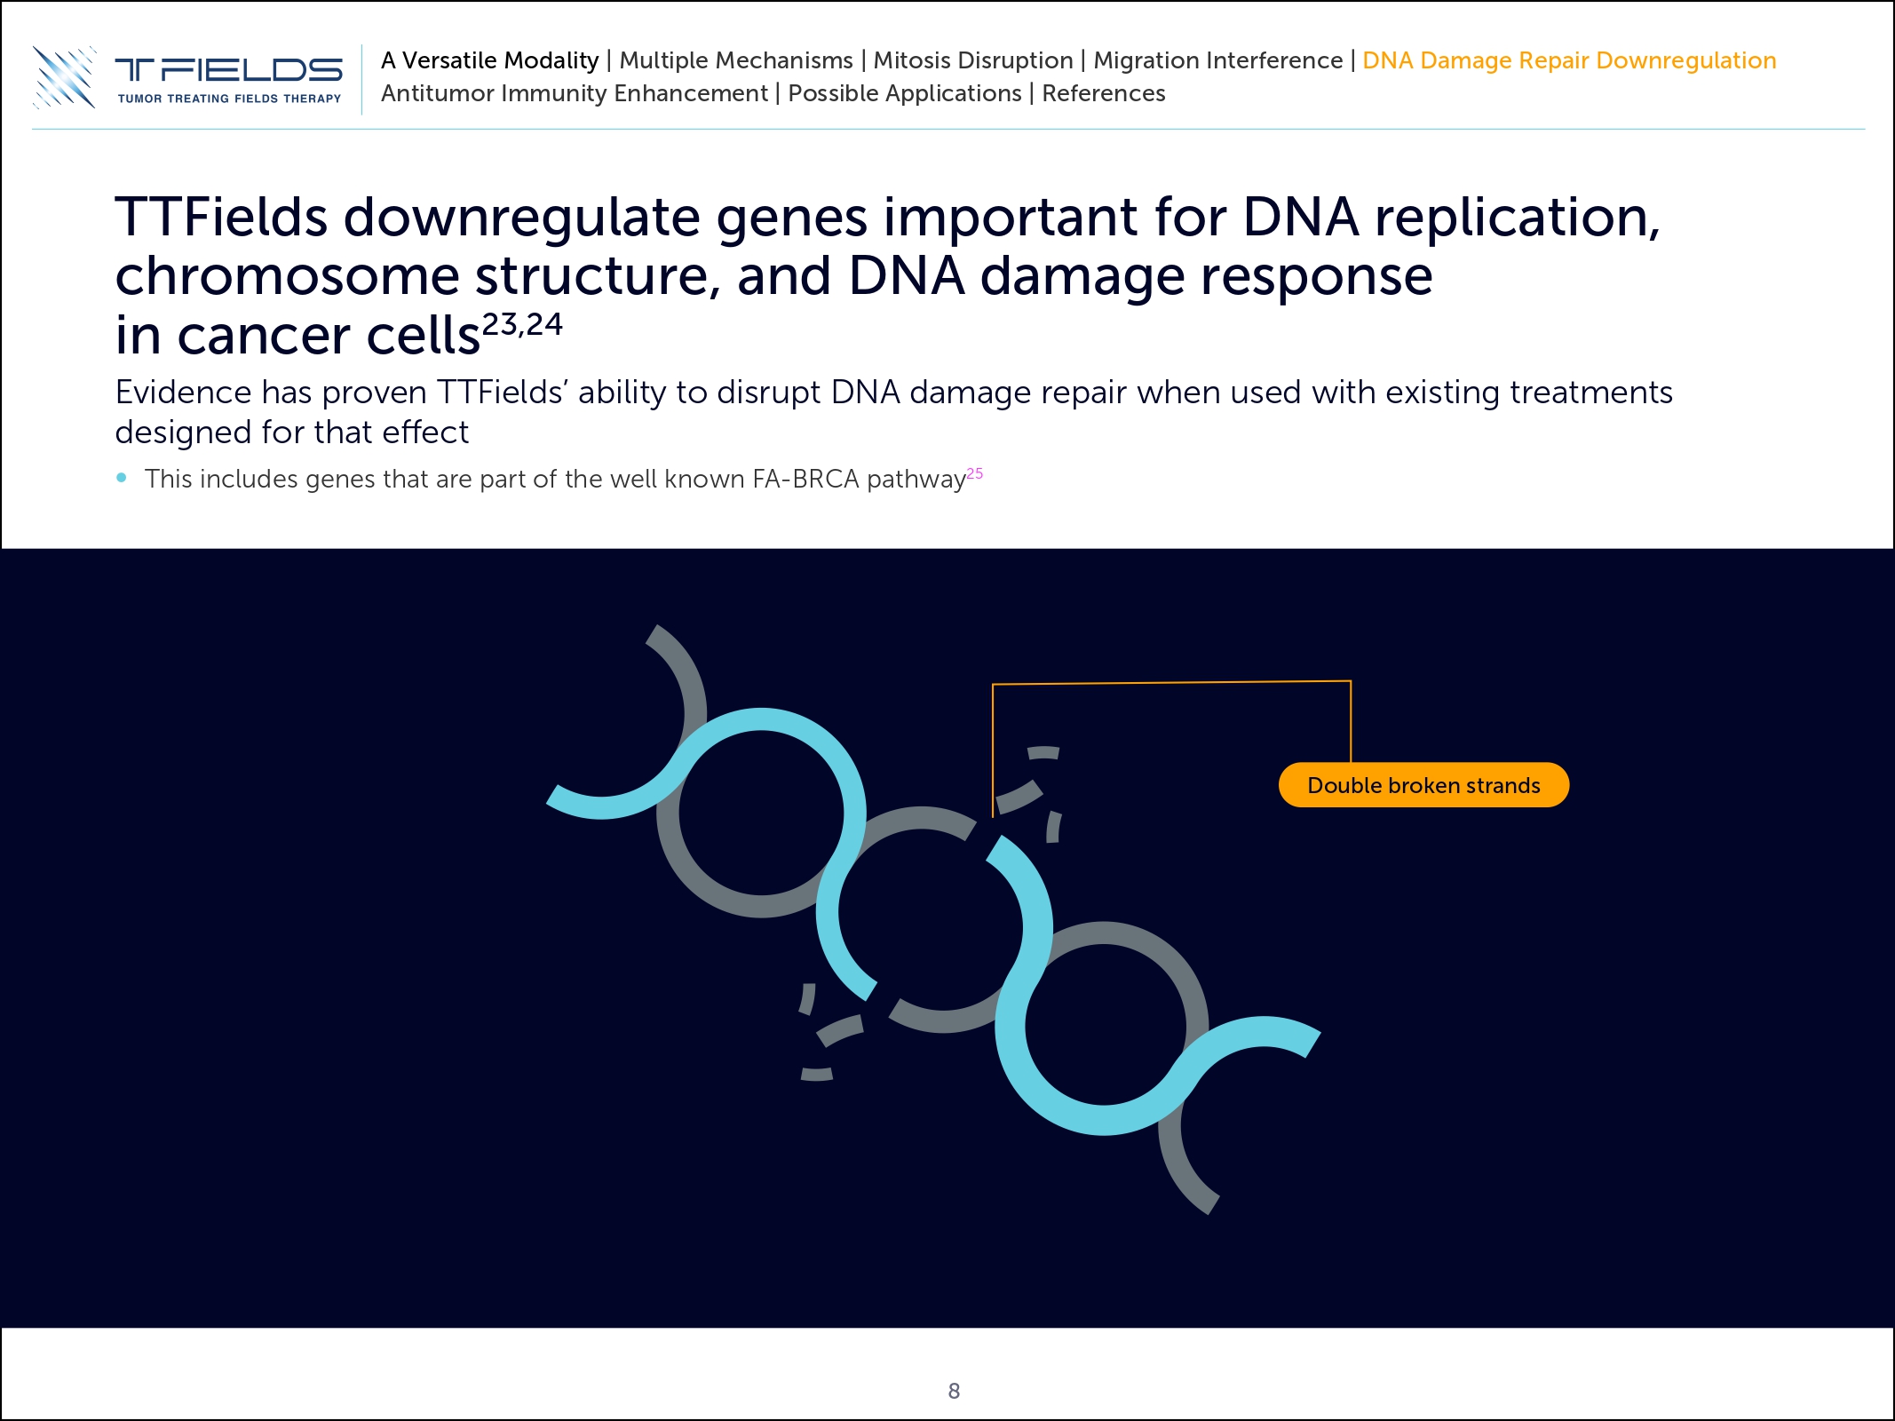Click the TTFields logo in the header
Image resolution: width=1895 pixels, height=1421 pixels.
(x=186, y=76)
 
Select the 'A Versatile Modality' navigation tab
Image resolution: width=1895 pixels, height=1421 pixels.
(x=489, y=60)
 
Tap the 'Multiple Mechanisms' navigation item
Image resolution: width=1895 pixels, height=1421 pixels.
(x=735, y=60)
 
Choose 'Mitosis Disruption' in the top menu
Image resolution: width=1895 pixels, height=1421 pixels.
(x=972, y=60)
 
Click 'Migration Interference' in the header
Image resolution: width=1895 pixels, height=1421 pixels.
(x=1217, y=60)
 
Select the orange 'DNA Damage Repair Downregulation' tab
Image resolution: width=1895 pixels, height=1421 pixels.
(x=1568, y=60)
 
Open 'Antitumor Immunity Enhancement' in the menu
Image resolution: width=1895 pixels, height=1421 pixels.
(x=574, y=93)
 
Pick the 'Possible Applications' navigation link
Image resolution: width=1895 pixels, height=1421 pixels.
(x=904, y=93)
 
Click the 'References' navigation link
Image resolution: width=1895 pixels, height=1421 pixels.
(x=1103, y=93)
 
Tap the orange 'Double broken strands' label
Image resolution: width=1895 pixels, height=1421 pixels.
(x=1423, y=785)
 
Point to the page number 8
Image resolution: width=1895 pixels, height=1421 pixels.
(x=954, y=1391)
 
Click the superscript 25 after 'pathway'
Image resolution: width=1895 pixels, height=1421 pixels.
(x=974, y=473)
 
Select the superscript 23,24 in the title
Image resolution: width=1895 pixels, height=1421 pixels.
(x=522, y=324)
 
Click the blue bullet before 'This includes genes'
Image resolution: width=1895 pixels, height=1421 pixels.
(x=122, y=478)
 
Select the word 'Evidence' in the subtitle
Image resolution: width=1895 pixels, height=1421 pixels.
(x=183, y=392)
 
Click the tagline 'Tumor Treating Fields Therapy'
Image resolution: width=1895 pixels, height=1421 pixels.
(x=229, y=99)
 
